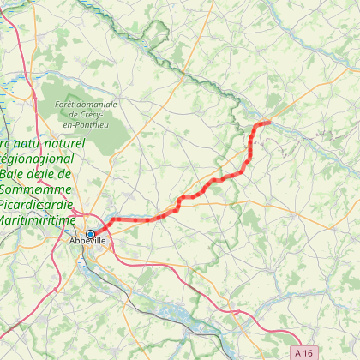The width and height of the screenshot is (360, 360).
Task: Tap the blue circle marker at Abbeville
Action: pyautogui.click(x=90, y=233)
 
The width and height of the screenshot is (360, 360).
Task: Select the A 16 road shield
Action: pyautogui.click(x=302, y=351)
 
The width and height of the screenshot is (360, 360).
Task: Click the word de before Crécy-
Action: pyautogui.click(x=73, y=114)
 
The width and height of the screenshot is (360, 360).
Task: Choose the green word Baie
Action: pyautogui.click(x=17, y=174)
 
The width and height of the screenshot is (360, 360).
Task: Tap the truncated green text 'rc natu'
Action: pyautogui.click(x=21, y=142)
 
